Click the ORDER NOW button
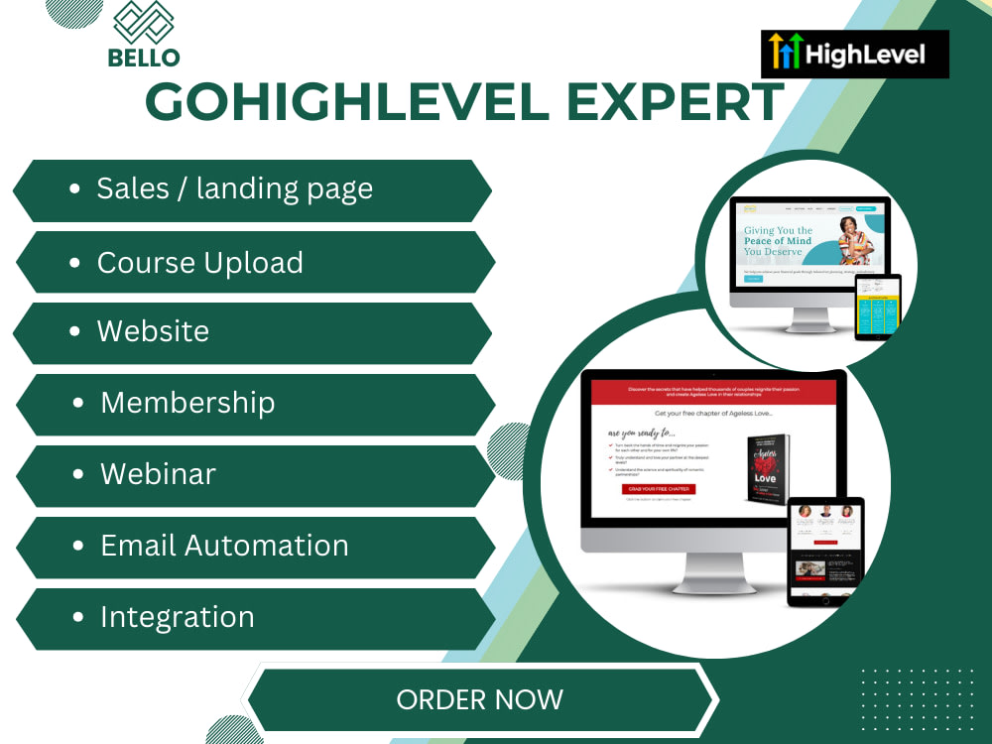click(480, 699)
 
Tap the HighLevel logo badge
click(855, 54)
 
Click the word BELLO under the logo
click(144, 58)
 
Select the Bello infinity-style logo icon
click(144, 22)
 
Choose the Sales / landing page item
click(234, 188)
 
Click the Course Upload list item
click(199, 263)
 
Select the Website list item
click(153, 330)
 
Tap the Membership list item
click(187, 402)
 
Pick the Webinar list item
click(158, 473)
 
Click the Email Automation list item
click(224, 545)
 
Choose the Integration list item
click(177, 616)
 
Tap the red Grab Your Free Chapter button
click(659, 489)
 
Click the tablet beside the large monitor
click(825, 551)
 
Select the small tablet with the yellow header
click(877, 307)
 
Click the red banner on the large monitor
click(713, 392)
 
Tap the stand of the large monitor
click(713, 572)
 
